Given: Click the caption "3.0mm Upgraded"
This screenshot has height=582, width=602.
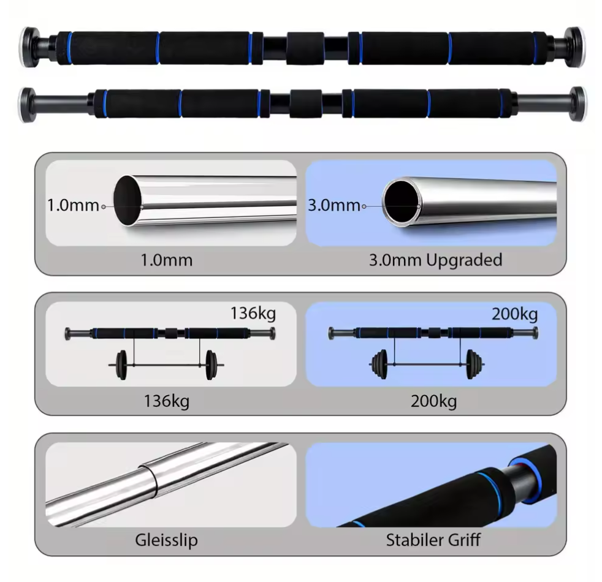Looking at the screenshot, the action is click(x=435, y=260).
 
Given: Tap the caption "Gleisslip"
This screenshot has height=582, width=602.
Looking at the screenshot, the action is click(x=166, y=540).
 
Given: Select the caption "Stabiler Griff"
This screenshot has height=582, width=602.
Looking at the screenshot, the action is click(x=433, y=540).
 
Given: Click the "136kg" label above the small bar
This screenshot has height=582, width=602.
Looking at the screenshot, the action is click(x=253, y=313).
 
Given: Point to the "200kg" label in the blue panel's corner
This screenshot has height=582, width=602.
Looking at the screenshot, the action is click(x=514, y=314).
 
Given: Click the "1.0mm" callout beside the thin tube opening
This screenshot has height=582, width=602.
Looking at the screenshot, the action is click(x=73, y=205).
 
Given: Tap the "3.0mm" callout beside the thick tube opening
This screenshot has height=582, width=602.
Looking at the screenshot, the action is click(x=334, y=205).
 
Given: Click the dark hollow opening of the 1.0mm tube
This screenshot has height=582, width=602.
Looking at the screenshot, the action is click(x=127, y=200).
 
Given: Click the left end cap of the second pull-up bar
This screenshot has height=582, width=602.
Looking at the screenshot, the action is click(x=27, y=105).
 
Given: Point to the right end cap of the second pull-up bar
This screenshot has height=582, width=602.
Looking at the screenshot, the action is click(x=578, y=104).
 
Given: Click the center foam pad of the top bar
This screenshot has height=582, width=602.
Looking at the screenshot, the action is click(x=305, y=48).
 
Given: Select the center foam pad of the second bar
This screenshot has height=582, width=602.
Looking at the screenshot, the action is click(x=306, y=104).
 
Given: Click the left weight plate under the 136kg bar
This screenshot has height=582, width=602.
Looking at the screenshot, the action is click(x=121, y=365).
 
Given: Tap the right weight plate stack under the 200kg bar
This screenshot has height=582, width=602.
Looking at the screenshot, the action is click(x=473, y=365).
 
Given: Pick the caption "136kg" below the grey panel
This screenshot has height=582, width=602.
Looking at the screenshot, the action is click(x=166, y=402).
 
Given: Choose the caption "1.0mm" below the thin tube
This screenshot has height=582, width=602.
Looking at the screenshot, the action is click(x=166, y=260).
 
